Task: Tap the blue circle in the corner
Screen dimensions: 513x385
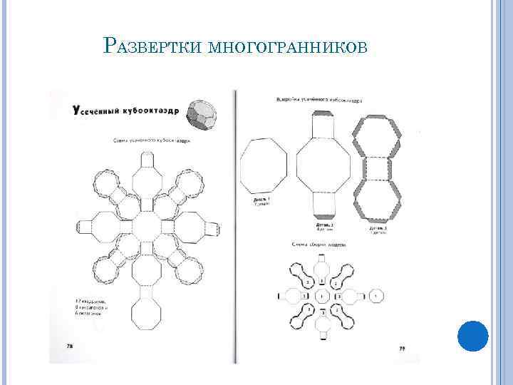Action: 472,336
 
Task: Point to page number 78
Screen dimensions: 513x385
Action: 69,346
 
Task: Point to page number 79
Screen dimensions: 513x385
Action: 402,349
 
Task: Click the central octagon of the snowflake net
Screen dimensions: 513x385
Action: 147,227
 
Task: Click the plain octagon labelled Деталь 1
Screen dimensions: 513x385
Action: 264,168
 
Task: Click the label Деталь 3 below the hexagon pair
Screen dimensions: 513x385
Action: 378,230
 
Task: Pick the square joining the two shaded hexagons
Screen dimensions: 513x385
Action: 378,169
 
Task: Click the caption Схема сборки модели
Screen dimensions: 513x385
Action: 318,245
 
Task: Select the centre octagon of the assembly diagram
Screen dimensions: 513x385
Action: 322,295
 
